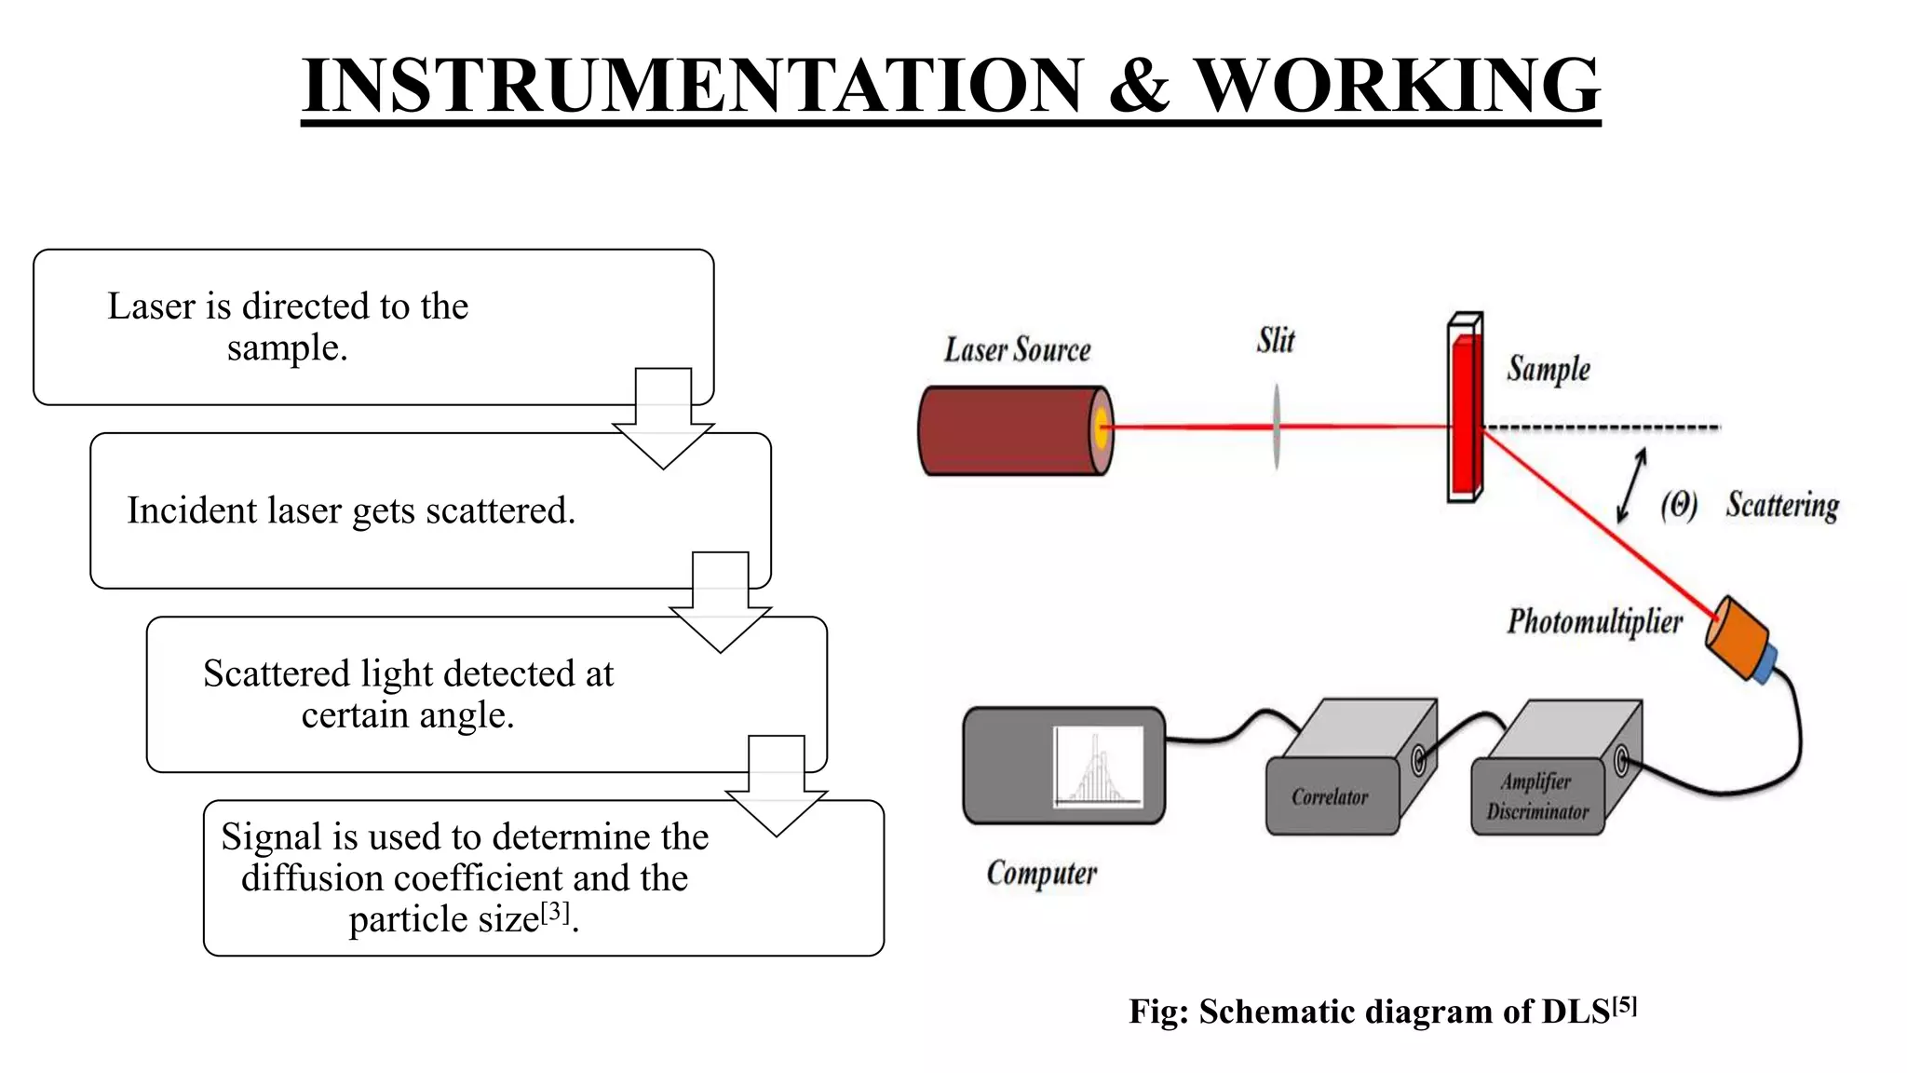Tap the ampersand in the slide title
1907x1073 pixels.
tap(1139, 86)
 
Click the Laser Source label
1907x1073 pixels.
tap(1017, 350)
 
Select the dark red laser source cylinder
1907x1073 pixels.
tap(1006, 430)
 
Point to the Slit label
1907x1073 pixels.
tap(1275, 341)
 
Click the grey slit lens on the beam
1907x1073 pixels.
tap(1276, 428)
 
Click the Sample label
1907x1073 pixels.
tap(1549, 369)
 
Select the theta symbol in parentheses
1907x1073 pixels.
tap(1679, 505)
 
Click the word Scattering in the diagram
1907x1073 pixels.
tap(1782, 505)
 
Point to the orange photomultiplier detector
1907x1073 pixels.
tap(1738, 637)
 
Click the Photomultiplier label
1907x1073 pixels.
tap(1594, 621)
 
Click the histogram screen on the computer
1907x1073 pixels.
tap(1099, 766)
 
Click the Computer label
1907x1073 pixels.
tap(1042, 874)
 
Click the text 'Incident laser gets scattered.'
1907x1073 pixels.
tap(351, 510)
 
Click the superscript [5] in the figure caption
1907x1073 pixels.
tap(1624, 1005)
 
